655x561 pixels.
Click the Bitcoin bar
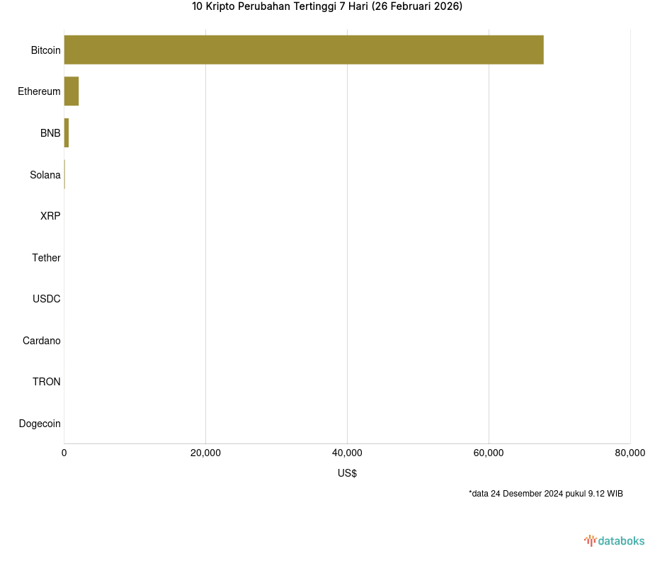tap(304, 50)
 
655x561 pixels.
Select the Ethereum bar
tap(71, 91)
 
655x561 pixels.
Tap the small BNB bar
tap(67, 133)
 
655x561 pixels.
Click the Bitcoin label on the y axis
tap(45, 50)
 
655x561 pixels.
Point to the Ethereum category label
tap(39, 91)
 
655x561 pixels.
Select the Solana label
tap(45, 175)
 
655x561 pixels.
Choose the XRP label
tap(50, 216)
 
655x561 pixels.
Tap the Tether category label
tap(46, 258)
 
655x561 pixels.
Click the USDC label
tap(47, 299)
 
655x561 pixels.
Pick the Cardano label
tap(42, 341)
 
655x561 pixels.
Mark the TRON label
tap(47, 382)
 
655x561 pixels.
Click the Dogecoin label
tap(40, 424)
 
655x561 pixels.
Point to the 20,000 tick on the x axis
tap(205, 453)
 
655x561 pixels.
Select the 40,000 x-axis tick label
tap(347, 453)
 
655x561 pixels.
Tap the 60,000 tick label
tap(489, 453)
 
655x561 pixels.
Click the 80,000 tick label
tap(630, 453)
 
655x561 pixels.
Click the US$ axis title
tap(347, 473)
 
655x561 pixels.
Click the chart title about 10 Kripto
tap(327, 7)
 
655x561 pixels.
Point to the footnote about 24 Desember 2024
tap(545, 494)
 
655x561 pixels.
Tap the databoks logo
tap(615, 540)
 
